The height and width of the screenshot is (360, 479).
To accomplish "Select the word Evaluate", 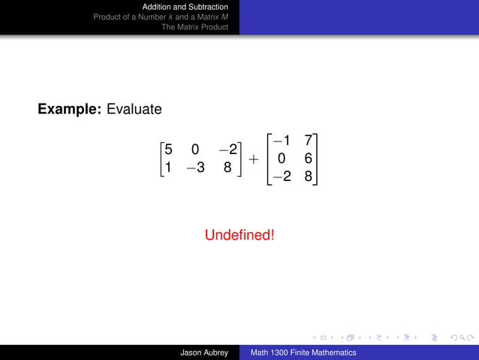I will (x=134, y=110).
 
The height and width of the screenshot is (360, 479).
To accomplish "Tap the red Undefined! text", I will (x=239, y=235).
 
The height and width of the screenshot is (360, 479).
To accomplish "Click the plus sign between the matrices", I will (x=254, y=159).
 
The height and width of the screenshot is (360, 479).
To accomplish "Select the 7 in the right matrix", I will (x=308, y=141).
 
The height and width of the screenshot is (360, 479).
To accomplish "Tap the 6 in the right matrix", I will (x=308, y=159).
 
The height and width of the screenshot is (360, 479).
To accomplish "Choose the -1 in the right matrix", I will (x=283, y=141).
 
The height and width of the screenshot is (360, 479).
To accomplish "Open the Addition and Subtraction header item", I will (x=185, y=7).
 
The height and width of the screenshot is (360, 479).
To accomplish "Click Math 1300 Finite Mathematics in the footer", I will (x=303, y=352).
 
